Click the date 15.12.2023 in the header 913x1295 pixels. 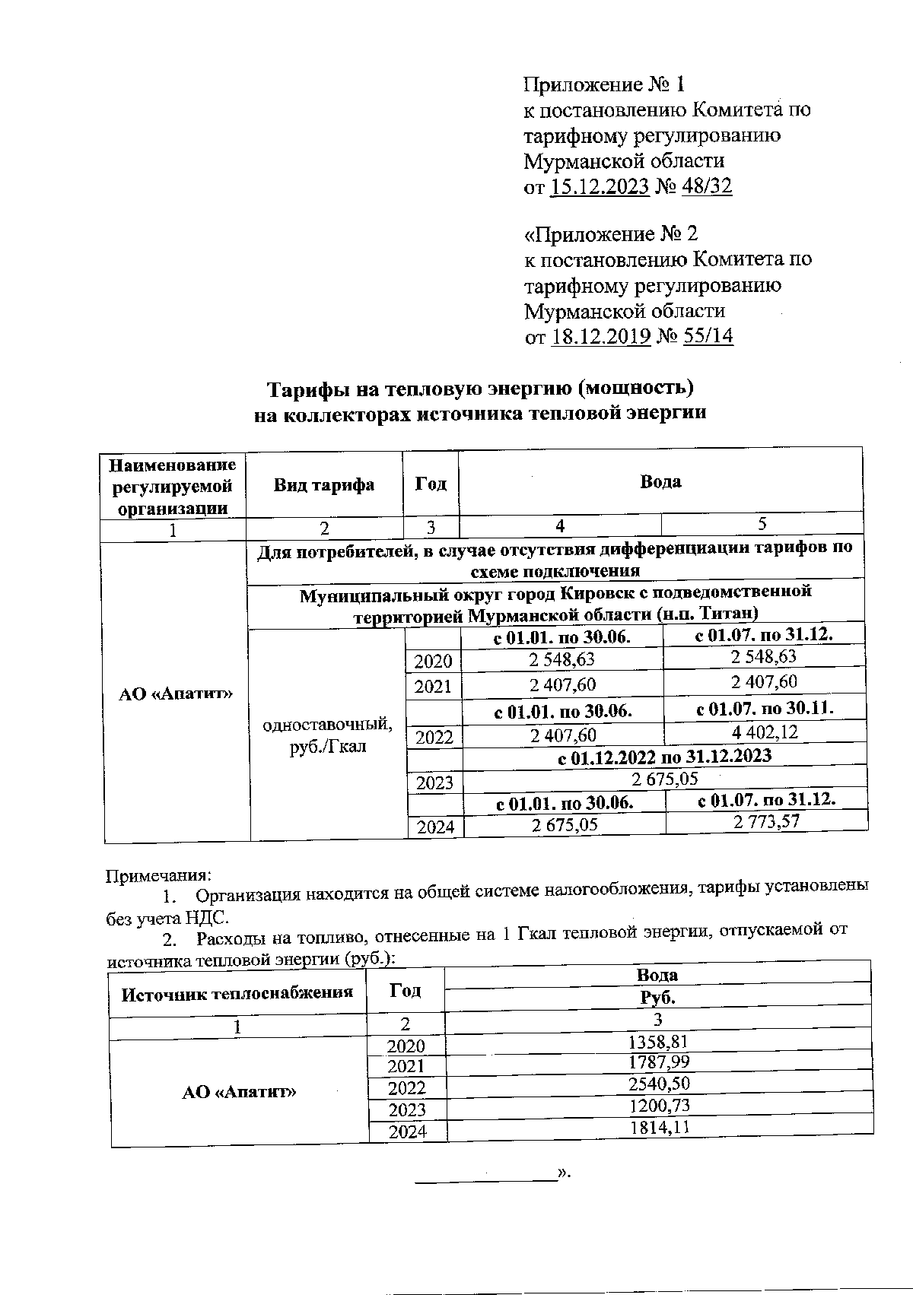599,187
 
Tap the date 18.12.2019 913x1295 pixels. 600,336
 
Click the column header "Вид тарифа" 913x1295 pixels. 323,485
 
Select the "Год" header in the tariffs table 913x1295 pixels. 431,484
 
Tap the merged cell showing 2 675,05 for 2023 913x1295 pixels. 664,778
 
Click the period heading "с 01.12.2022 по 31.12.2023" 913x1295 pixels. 664,755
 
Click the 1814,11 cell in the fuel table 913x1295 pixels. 658,1126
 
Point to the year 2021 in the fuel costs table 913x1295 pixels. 407,1067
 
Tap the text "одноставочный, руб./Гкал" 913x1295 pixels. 327,735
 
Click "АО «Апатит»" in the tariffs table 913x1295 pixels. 176,694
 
